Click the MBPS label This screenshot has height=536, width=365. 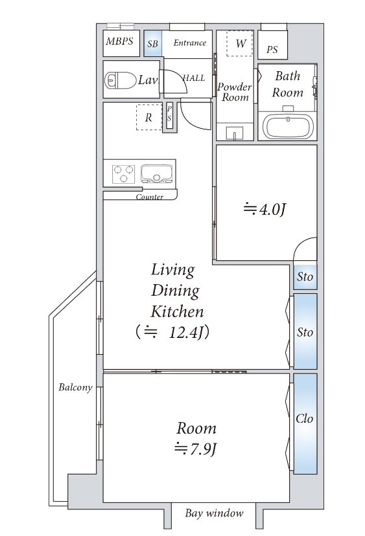click(119, 41)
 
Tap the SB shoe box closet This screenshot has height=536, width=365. click(153, 43)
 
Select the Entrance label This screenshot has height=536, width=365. click(190, 43)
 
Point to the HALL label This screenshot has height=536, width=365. click(194, 78)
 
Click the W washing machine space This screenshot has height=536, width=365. click(240, 43)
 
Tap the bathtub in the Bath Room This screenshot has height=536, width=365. click(288, 126)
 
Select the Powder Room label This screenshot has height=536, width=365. click(235, 92)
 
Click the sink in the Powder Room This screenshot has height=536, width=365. click(235, 133)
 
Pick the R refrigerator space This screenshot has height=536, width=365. click(149, 117)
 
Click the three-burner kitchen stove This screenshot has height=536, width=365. click(123, 173)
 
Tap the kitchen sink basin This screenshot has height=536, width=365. click(156, 173)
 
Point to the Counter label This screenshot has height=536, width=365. click(150, 197)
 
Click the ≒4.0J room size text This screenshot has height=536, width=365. click(265, 209)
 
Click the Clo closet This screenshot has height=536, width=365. click(305, 423)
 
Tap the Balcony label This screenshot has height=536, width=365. click(75, 387)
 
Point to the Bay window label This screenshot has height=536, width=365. click(215, 513)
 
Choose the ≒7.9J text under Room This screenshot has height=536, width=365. click(196, 449)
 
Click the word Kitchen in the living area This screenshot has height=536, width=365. click(178, 312)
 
